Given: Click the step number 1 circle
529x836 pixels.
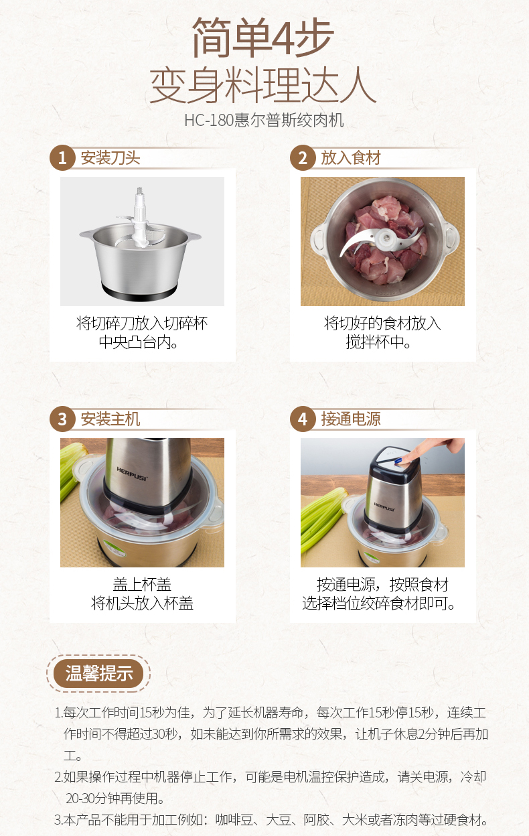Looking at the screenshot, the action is pyautogui.click(x=62, y=158).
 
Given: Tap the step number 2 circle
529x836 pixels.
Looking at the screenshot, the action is pyautogui.click(x=303, y=158).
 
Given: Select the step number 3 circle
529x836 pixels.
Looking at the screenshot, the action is pyautogui.click(x=62, y=419).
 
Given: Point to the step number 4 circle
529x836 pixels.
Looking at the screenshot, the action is pyautogui.click(x=303, y=419).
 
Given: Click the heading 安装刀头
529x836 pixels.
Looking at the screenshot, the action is pyautogui.click(x=110, y=158).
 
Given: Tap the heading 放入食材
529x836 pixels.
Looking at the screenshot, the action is pyautogui.click(x=351, y=158).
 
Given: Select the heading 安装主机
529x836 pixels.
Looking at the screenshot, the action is pyautogui.click(x=110, y=419).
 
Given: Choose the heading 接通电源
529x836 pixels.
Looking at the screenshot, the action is pyautogui.click(x=351, y=419).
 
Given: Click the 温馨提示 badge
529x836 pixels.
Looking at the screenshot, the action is pyautogui.click(x=98, y=674).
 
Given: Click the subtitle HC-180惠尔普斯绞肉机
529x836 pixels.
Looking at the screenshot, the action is pyautogui.click(x=264, y=120).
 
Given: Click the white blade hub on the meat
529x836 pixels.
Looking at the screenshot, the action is pyautogui.click(x=386, y=238).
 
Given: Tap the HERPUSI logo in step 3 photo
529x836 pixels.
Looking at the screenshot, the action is pyautogui.click(x=133, y=474).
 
